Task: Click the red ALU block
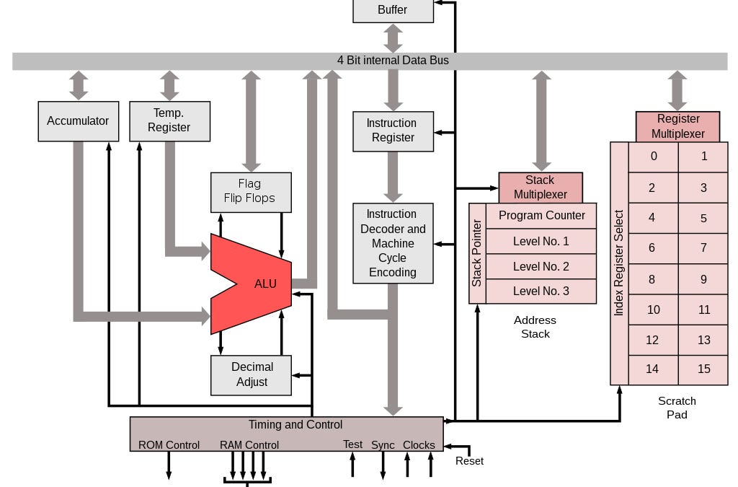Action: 256,284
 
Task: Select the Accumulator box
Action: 78,121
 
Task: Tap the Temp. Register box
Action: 169,120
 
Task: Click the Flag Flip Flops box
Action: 251,191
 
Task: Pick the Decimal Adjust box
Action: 251,374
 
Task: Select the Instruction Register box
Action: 393,131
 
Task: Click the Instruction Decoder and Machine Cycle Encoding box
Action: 393,243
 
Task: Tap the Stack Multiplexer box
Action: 540,187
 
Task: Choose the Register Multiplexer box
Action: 677,126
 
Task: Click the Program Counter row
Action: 541,216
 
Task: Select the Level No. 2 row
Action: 541,266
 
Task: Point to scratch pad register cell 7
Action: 703,248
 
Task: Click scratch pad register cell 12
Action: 652,340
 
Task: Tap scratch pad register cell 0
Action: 653,157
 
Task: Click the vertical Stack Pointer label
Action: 477,253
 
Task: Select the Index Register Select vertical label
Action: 619,263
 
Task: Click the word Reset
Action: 469,461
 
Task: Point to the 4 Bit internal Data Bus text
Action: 393,61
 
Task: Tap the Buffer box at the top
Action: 393,10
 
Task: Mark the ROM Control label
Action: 169,445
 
